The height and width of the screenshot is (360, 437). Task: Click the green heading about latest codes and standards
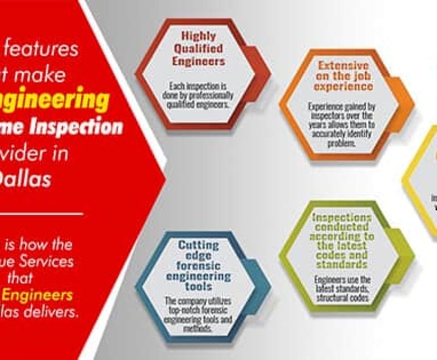[x=343, y=241]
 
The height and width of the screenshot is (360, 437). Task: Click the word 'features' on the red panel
[x=43, y=49]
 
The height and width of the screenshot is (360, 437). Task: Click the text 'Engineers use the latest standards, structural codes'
[x=343, y=289]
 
